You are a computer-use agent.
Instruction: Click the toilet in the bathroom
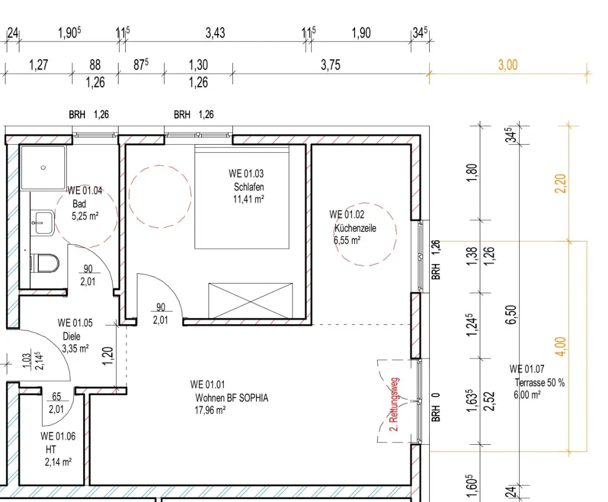(x=44, y=263)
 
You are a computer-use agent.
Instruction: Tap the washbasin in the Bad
(x=43, y=222)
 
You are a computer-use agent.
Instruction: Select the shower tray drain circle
(x=43, y=167)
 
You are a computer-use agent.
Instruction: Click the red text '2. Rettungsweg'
(x=395, y=404)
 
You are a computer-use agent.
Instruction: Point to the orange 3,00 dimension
(x=508, y=64)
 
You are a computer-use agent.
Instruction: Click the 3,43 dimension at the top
(x=215, y=33)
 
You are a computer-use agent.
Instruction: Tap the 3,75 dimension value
(x=330, y=64)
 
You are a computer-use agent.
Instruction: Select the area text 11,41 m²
(x=249, y=199)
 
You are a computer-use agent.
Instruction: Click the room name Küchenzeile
(x=355, y=228)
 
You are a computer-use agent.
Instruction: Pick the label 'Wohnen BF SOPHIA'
(x=232, y=398)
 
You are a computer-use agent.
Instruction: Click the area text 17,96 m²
(x=210, y=410)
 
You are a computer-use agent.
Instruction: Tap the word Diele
(x=71, y=336)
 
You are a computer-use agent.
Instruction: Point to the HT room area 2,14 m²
(x=58, y=462)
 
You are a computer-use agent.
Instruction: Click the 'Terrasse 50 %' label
(x=540, y=383)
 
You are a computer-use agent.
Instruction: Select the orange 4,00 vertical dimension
(x=561, y=346)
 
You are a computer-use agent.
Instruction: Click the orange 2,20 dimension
(x=561, y=184)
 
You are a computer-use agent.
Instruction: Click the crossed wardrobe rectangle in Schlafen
(x=250, y=301)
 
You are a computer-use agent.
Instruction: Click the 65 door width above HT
(x=57, y=397)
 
